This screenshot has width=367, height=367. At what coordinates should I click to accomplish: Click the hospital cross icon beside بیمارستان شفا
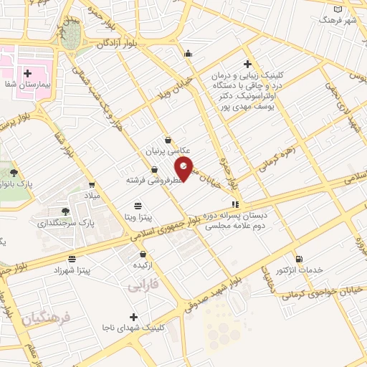coord(28,72)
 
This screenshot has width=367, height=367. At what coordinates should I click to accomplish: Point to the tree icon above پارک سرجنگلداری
coord(65,211)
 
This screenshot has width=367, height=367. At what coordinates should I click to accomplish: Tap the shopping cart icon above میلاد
coord(91,184)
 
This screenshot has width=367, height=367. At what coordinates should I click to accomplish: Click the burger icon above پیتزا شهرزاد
coord(72,259)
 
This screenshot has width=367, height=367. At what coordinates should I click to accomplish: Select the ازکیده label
coord(144,265)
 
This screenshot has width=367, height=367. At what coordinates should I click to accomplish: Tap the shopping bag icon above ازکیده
coord(143,254)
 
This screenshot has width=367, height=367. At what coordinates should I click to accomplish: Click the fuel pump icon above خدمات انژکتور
coord(299,259)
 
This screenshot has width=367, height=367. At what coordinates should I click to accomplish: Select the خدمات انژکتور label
coord(300,270)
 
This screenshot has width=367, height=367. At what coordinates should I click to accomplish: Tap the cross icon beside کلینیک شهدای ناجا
coord(133,316)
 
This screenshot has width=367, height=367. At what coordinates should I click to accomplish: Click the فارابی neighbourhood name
coord(142,287)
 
